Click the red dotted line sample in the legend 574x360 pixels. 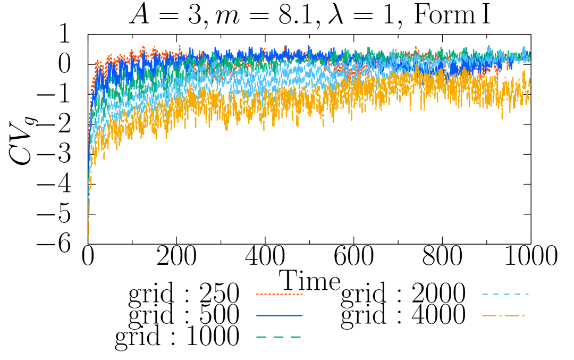[279, 294]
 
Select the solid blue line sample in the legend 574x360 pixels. [279, 315]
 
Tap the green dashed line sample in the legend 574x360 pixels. [279, 337]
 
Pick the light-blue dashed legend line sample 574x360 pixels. [505, 294]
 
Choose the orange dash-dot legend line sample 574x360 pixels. [504, 315]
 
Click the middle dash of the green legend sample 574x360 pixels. [278, 337]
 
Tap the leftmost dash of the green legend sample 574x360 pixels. [261, 337]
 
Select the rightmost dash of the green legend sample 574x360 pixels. [296, 337]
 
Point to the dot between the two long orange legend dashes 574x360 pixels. [501, 315]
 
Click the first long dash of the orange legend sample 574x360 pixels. [489, 315]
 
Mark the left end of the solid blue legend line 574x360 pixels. [257, 315]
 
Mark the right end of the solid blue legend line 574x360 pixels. [302, 315]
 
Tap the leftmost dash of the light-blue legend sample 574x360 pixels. [485, 294]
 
